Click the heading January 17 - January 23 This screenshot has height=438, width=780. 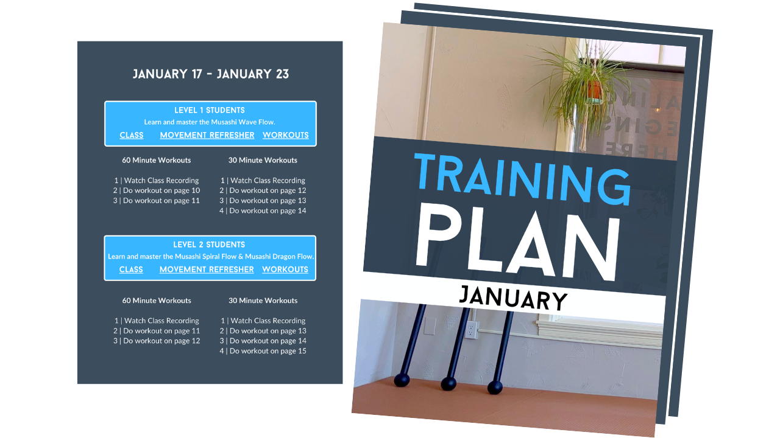pyautogui.click(x=210, y=74)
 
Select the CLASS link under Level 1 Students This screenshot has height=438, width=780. pyautogui.click(x=132, y=135)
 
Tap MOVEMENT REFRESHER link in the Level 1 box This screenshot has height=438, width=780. pyautogui.click(x=207, y=135)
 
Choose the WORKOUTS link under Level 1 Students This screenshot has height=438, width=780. pyautogui.click(x=286, y=135)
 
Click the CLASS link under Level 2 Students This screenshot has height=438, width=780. pyautogui.click(x=131, y=269)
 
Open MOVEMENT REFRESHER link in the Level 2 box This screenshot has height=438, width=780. pyautogui.click(x=207, y=269)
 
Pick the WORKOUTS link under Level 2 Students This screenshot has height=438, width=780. pyautogui.click(x=285, y=269)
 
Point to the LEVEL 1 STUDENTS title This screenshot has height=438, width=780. pyautogui.click(x=210, y=110)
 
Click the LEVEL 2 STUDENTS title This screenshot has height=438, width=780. pyautogui.click(x=209, y=245)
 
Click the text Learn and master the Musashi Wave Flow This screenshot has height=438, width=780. pyautogui.click(x=210, y=122)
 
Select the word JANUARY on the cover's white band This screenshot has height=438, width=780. pyautogui.click(x=513, y=298)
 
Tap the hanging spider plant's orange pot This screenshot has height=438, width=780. pyautogui.click(x=594, y=90)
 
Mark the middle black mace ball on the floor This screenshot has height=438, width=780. pyautogui.click(x=448, y=384)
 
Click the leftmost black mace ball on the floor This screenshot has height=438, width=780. pyautogui.click(x=402, y=380)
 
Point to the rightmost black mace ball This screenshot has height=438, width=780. pyautogui.click(x=495, y=388)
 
